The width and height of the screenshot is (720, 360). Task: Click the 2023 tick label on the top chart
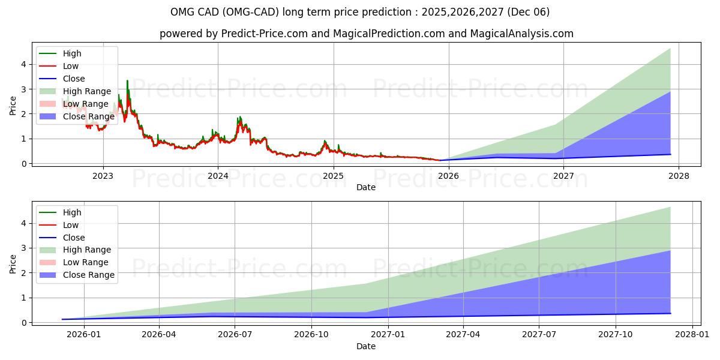click(103, 176)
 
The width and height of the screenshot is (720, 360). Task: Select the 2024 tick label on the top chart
click(218, 176)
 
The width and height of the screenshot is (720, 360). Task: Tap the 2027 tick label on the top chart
click(563, 176)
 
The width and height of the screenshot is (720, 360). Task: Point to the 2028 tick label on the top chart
click(679, 176)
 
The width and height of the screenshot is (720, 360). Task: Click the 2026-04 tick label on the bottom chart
click(159, 335)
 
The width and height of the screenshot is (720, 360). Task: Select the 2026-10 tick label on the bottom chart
click(311, 335)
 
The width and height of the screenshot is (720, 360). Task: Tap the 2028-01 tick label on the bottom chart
click(693, 335)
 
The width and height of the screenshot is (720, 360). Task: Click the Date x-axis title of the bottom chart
click(366, 346)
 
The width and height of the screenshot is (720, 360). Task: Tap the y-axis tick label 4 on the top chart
click(23, 64)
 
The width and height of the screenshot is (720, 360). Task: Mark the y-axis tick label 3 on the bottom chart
click(23, 248)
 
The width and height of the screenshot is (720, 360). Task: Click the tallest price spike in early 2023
click(127, 81)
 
